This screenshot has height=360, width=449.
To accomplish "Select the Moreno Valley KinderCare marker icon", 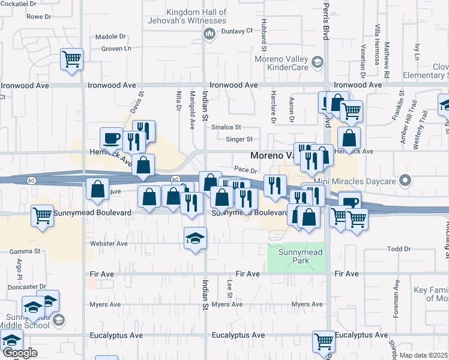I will [x=316, y=61].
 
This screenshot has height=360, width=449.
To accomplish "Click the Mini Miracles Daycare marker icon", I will [x=406, y=179].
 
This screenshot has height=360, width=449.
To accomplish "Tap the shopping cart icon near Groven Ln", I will [x=71, y=59].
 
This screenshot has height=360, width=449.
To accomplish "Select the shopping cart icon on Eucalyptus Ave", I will [x=324, y=341].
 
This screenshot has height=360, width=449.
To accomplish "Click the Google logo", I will [x=19, y=353].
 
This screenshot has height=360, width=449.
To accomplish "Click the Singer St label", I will [x=239, y=139].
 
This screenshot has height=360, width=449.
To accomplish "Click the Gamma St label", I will [x=28, y=251].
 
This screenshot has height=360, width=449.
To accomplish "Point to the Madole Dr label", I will [x=110, y=37].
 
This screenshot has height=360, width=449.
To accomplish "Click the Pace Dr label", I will [x=246, y=171].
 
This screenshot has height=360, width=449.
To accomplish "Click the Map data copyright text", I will [x=424, y=355].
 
